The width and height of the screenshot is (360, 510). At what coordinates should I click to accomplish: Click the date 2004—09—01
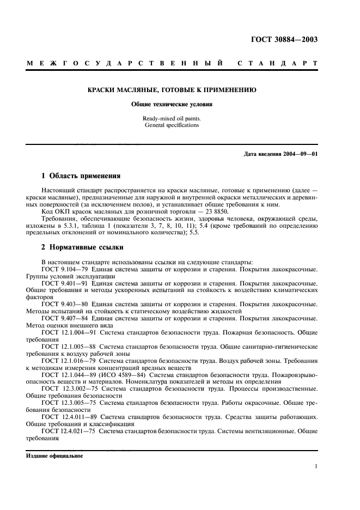(298, 154)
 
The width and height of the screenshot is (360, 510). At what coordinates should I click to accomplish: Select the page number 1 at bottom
(316, 466)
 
